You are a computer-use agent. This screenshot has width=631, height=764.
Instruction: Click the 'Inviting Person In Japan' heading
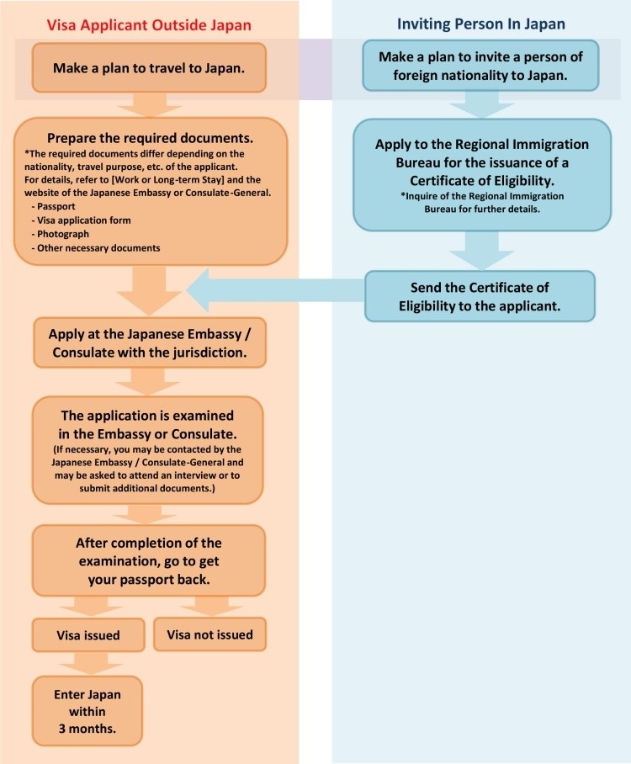(x=480, y=24)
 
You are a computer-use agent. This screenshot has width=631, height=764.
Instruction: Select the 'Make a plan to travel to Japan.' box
(x=150, y=69)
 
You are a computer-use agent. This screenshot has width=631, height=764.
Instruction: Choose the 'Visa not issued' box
(x=209, y=634)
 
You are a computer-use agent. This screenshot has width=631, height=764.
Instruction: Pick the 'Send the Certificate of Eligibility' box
(x=480, y=295)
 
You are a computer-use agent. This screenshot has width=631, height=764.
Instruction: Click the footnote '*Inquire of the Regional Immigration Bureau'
(x=481, y=203)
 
